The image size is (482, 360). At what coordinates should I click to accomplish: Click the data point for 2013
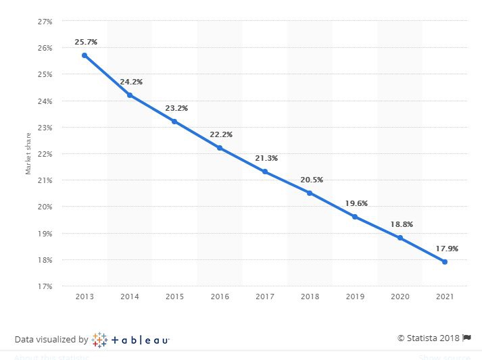[85, 55]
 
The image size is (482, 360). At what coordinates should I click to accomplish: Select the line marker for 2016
[220, 148]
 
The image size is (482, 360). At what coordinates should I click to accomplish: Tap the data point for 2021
[445, 261]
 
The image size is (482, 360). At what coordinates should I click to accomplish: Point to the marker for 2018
[310, 193]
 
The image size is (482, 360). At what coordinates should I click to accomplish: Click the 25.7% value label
[86, 42]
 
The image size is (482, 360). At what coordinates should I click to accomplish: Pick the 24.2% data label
[131, 82]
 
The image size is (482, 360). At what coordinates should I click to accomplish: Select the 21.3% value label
[266, 158]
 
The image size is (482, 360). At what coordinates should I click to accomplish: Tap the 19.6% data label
[356, 203]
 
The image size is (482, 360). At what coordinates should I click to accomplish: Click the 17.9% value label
[447, 249]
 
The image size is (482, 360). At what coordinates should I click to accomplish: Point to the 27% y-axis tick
[45, 22]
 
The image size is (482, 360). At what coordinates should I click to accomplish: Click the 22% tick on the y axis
[45, 154]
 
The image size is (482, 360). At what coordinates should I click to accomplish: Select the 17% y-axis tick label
[45, 286]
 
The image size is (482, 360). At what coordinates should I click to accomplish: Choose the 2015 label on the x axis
[174, 297]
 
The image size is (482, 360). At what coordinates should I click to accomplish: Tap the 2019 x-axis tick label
[355, 297]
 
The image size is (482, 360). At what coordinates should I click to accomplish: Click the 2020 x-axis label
[400, 297]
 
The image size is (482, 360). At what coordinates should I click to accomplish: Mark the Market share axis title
[28, 154]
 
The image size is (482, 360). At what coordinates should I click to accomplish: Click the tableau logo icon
[99, 339]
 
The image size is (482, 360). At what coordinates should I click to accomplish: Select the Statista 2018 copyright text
[428, 338]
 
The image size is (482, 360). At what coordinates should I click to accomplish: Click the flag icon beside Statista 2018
[466, 338]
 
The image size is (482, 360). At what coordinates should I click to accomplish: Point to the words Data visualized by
[51, 340]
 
